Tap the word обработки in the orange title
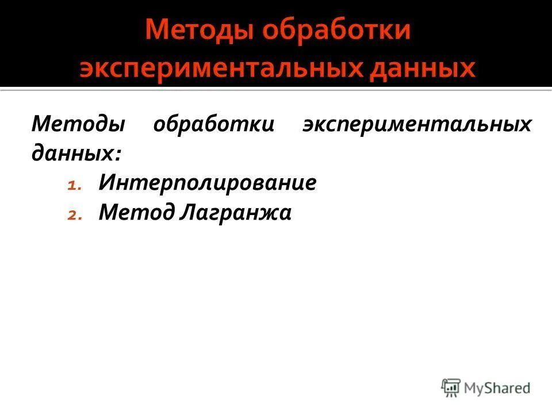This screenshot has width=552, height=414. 336,30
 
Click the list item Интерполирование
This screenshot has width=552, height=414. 208,183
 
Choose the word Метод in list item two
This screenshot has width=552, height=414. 136,213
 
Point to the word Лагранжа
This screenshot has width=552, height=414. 236,213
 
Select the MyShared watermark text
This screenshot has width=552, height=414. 497,388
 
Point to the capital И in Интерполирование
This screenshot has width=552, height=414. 106,183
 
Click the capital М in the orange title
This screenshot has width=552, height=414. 155,30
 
